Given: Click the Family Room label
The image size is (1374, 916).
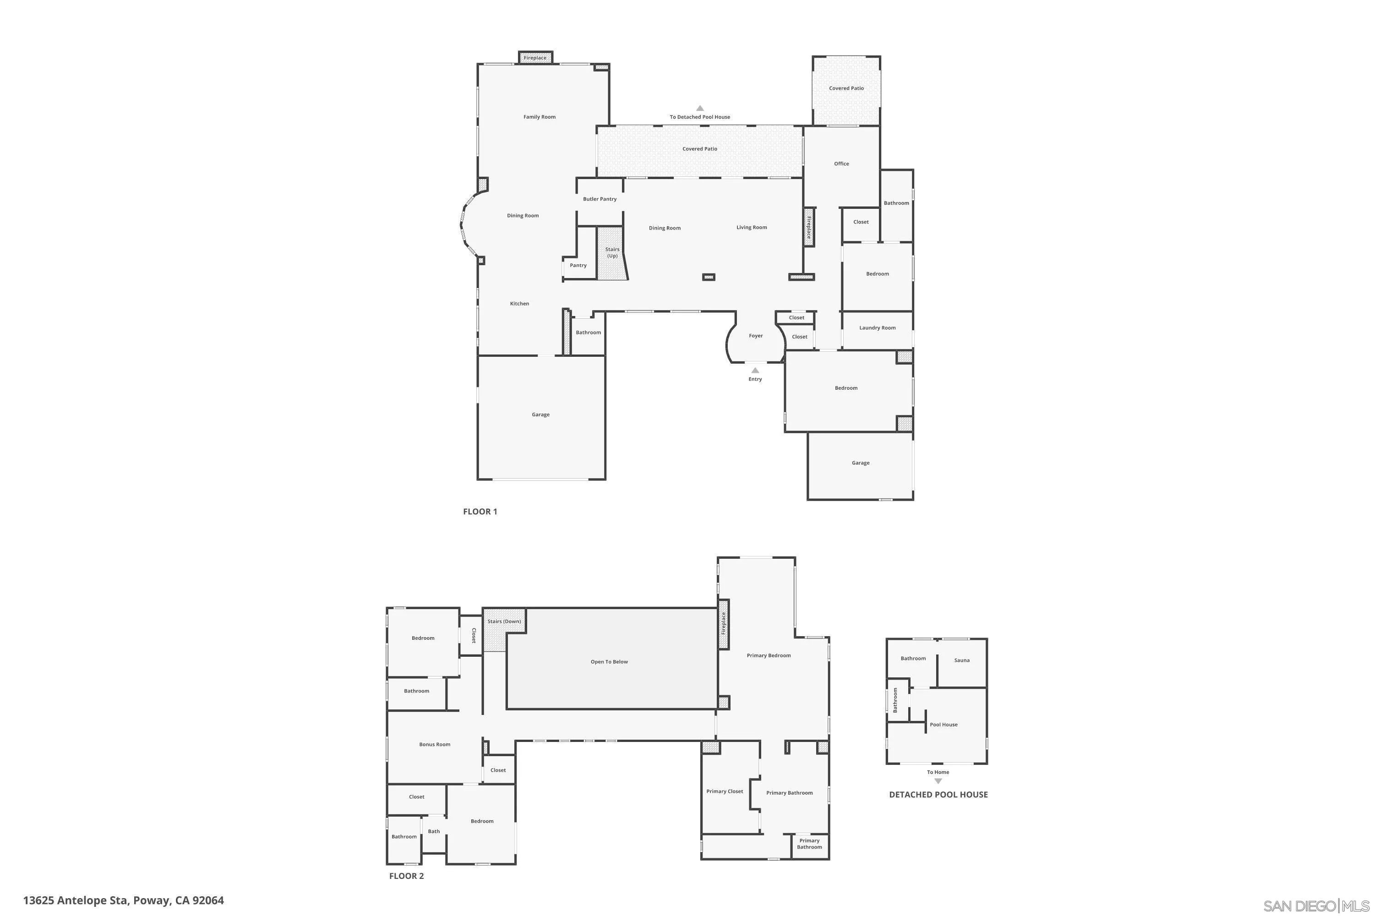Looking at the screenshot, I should [x=539, y=117].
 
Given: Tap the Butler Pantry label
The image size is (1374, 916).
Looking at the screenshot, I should [x=600, y=199].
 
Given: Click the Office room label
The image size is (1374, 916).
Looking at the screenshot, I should [x=841, y=164].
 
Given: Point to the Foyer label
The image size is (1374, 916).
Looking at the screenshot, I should [x=755, y=336].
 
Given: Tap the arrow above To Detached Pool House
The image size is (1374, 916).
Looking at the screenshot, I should [x=700, y=108].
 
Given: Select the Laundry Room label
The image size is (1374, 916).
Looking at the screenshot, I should [x=877, y=328].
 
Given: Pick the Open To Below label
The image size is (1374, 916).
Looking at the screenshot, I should [x=609, y=662].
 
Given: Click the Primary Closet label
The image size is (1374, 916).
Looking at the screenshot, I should [x=725, y=791].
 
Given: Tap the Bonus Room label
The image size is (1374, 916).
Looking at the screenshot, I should [x=435, y=745].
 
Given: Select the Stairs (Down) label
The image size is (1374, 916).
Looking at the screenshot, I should [x=504, y=622].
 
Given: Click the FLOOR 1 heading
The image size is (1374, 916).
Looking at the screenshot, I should [x=480, y=512].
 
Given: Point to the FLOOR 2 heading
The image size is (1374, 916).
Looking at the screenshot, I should [x=407, y=876].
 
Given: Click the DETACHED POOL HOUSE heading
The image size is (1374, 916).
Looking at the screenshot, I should [x=938, y=795].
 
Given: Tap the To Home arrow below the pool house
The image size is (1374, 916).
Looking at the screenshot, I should [x=938, y=781].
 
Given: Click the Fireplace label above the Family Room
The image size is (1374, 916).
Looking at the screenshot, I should [x=534, y=58].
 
